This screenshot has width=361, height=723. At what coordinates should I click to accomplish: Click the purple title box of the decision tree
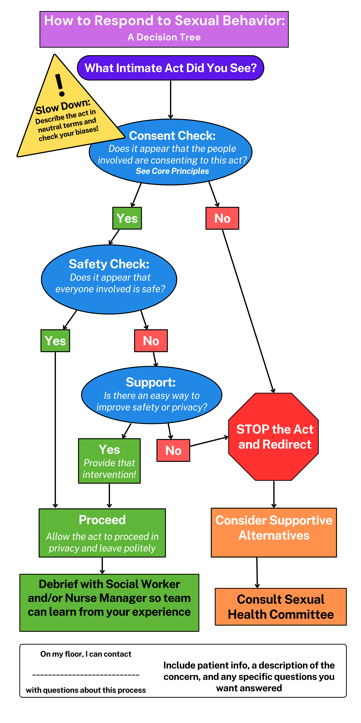coord(164,29)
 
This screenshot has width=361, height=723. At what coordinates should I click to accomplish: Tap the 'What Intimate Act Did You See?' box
coord(170,68)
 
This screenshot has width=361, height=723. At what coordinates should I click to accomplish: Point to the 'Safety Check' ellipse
coord(109,279)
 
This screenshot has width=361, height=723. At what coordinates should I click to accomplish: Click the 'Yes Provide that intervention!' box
coord(109,461)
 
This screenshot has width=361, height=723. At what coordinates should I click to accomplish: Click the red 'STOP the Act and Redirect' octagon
coord(274,437)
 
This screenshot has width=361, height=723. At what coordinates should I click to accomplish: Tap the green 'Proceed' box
coord(102,533)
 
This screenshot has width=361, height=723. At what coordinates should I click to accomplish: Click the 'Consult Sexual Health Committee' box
coord(281,606)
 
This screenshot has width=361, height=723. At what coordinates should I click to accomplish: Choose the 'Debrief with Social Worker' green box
coord(109,603)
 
